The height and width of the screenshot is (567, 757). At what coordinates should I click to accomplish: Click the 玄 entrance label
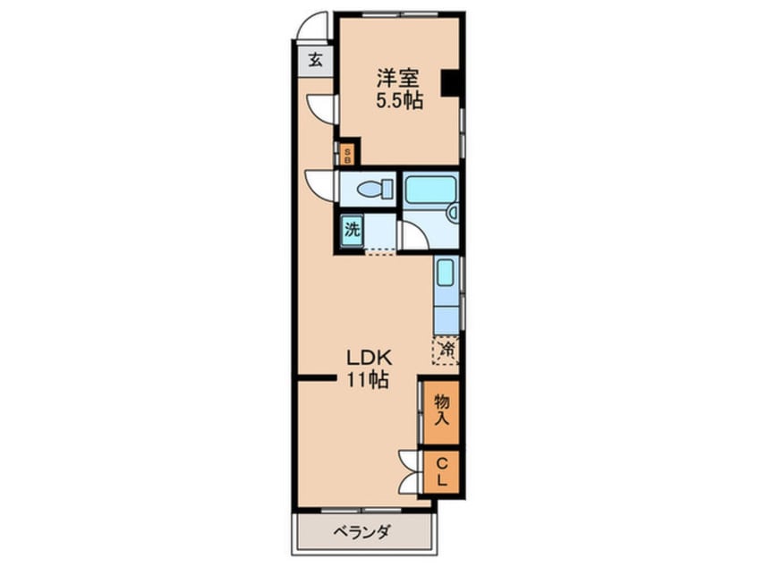tap(315, 61)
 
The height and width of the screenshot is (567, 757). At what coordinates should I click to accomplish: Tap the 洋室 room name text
tap(398, 78)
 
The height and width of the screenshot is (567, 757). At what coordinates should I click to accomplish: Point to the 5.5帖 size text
tap(400, 101)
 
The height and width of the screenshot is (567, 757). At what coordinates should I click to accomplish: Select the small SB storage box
tap(347, 155)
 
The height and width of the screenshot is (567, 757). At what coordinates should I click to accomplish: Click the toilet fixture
tap(376, 188)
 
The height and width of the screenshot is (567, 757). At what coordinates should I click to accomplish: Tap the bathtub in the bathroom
tap(430, 190)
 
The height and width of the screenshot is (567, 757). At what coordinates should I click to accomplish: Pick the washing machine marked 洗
tap(352, 231)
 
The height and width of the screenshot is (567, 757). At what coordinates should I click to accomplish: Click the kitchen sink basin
tap(445, 273)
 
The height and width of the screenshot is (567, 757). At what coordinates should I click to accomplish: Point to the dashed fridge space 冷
tap(446, 351)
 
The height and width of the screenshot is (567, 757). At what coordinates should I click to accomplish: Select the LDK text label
tap(369, 358)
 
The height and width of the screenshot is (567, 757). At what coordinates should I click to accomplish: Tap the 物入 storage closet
tap(441, 412)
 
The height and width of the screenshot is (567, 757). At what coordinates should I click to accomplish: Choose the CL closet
tap(441, 472)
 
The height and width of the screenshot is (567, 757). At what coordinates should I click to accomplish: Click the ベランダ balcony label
tap(361, 532)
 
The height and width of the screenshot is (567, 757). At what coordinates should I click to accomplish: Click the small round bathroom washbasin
tap(453, 212)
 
